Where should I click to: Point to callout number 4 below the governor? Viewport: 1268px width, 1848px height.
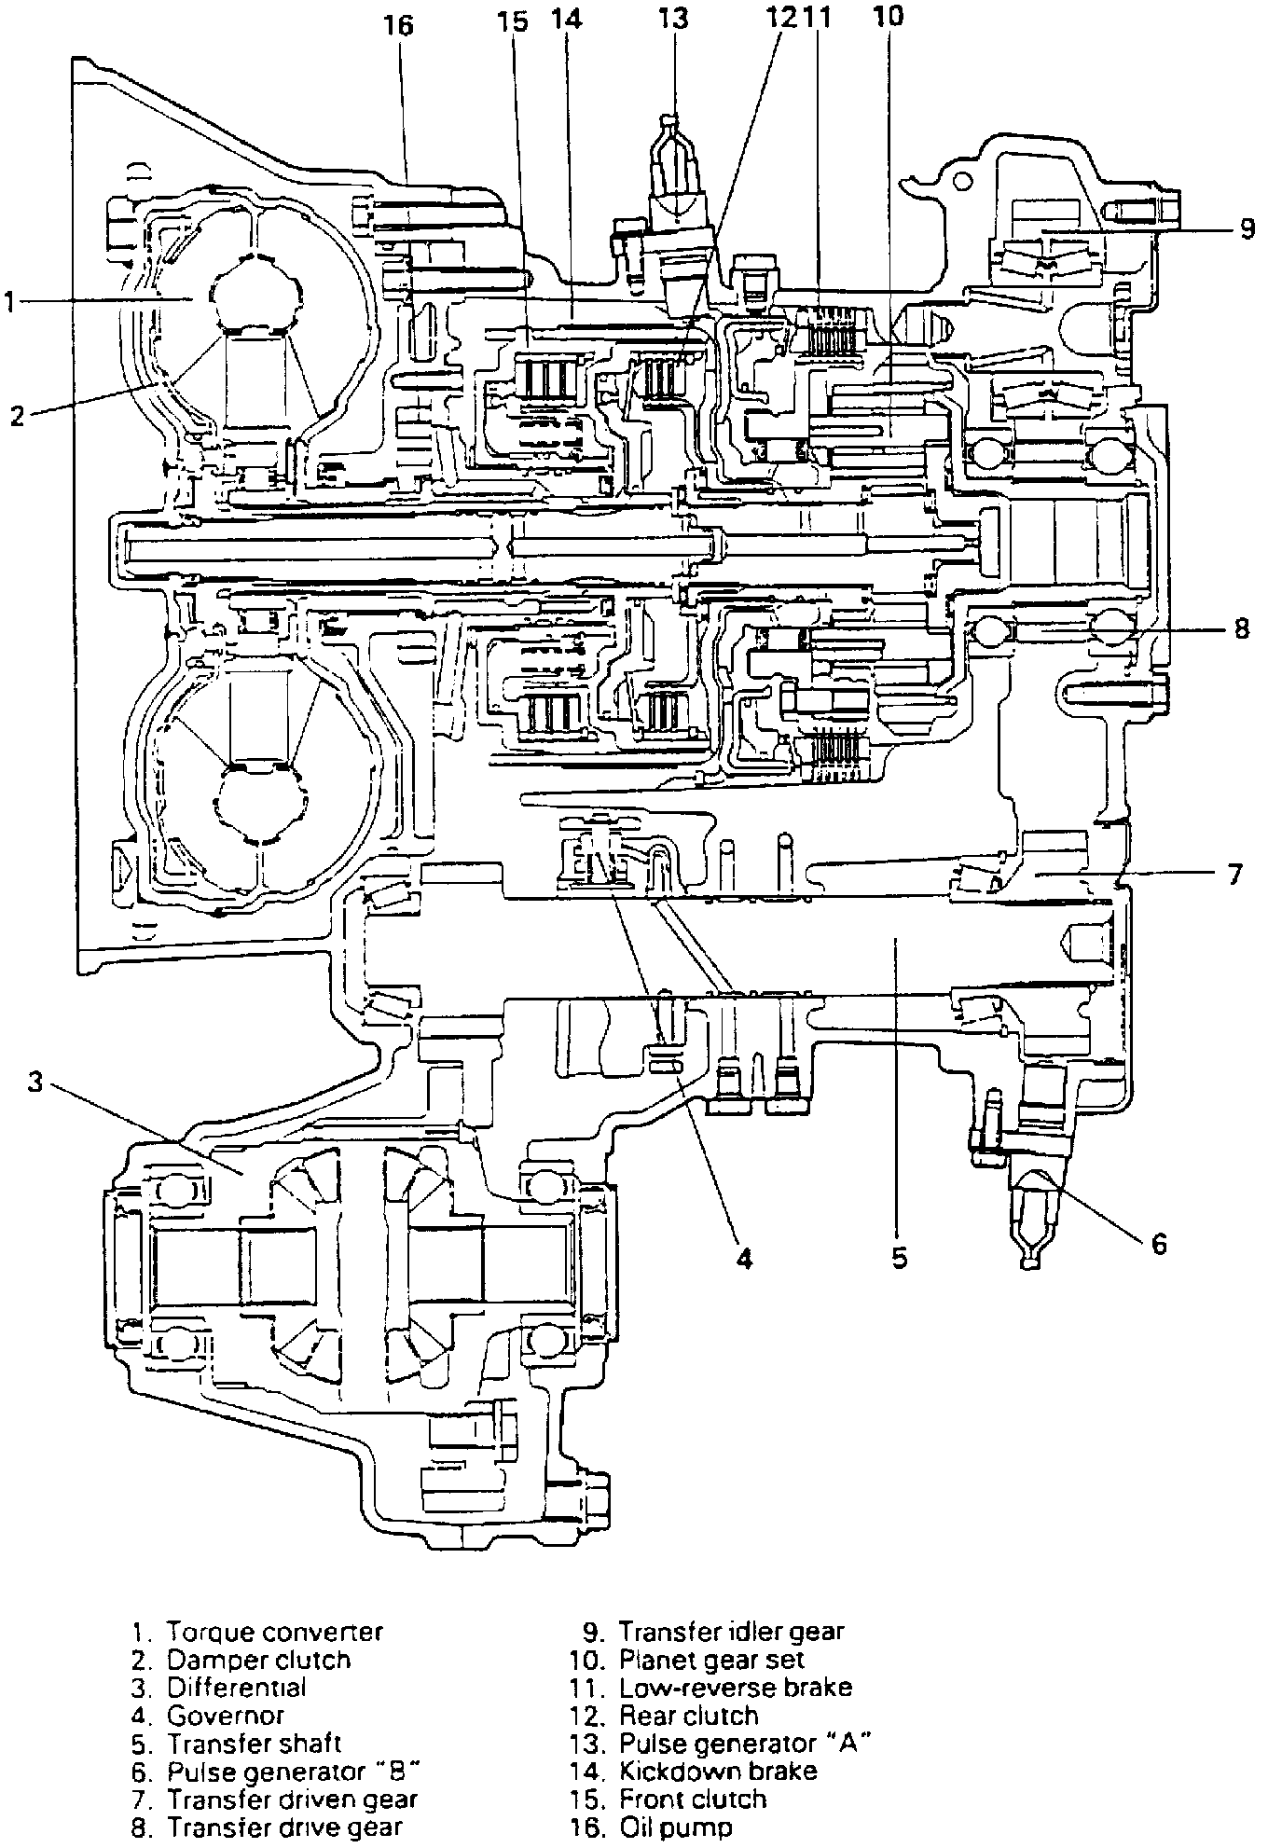tap(744, 1258)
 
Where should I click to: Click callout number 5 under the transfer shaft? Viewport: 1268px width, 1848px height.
tap(899, 1258)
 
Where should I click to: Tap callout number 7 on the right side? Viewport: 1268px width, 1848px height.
tap(1234, 875)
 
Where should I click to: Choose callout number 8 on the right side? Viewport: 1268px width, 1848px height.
tap(1241, 628)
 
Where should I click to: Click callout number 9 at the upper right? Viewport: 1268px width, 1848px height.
tap(1248, 228)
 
